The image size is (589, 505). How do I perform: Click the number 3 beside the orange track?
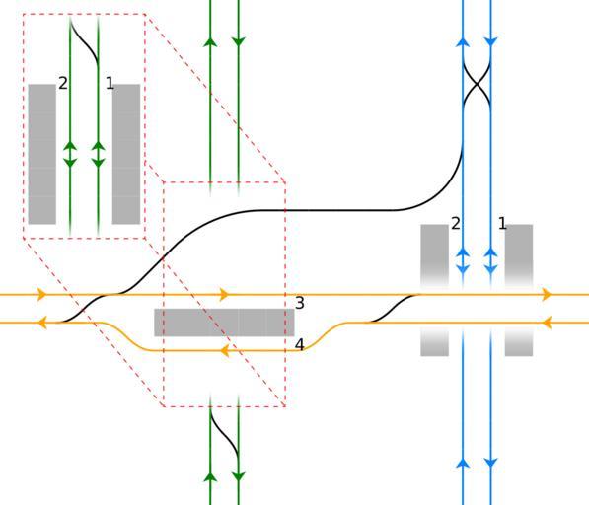(299, 303)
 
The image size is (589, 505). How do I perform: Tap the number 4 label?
(299, 344)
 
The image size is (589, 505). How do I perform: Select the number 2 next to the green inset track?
(63, 83)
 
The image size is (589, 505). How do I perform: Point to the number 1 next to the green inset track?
(110, 83)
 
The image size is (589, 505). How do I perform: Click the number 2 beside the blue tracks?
(456, 224)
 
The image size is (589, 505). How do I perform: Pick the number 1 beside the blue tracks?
(502, 224)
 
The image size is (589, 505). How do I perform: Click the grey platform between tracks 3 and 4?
(224, 323)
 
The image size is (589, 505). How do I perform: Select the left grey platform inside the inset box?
(42, 154)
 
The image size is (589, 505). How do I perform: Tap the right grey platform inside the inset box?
(126, 154)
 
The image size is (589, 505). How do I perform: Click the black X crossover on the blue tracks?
(478, 85)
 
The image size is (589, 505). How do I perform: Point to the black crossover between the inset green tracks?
(85, 42)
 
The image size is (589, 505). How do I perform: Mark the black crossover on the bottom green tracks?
(225, 436)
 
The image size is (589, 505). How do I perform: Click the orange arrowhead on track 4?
(225, 351)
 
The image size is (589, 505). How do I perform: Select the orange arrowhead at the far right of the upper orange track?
(547, 295)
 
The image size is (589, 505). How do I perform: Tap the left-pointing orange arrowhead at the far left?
(42, 323)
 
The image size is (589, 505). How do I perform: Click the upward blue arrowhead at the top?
(463, 42)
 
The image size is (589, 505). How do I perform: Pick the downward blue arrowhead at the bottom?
(491, 463)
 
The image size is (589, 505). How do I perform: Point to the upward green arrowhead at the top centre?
(210, 42)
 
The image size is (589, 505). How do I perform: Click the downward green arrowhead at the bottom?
(239, 476)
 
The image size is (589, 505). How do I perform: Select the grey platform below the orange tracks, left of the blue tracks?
(435, 342)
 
